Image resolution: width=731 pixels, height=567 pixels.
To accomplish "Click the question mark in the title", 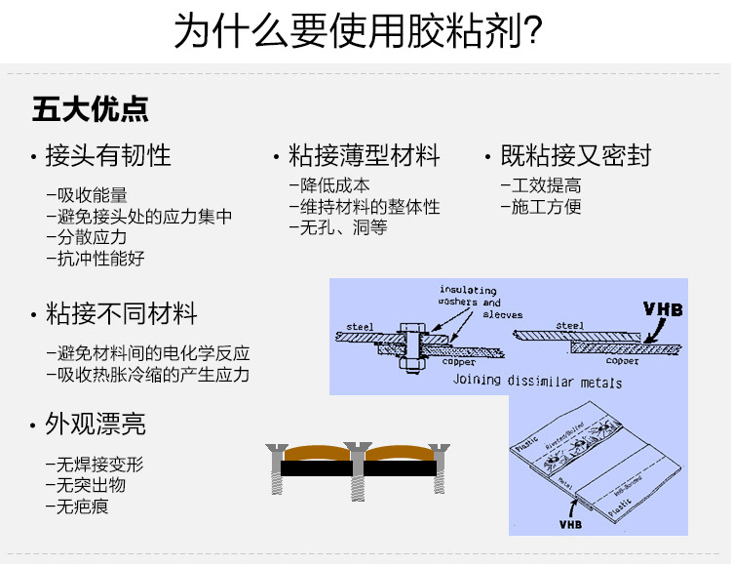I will pyautogui.click(x=533, y=31).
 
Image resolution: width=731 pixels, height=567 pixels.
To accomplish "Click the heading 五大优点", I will pyautogui.click(x=91, y=108).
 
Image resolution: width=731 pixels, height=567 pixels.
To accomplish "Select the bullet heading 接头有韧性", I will pyautogui.click(x=108, y=155).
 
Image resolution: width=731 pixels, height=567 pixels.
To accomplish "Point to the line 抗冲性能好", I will pyautogui.click(x=101, y=259).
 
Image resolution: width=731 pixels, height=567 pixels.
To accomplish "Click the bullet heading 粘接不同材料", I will pyautogui.click(x=122, y=314).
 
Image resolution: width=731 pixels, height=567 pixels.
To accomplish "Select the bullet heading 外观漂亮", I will pyautogui.click(x=96, y=424).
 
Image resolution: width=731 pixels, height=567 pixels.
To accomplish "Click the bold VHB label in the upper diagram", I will pyautogui.click(x=664, y=310).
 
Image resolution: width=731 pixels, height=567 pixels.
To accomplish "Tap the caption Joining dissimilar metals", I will pyautogui.click(x=537, y=381).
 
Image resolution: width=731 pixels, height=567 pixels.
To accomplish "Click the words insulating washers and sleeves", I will pyautogui.click(x=481, y=302).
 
